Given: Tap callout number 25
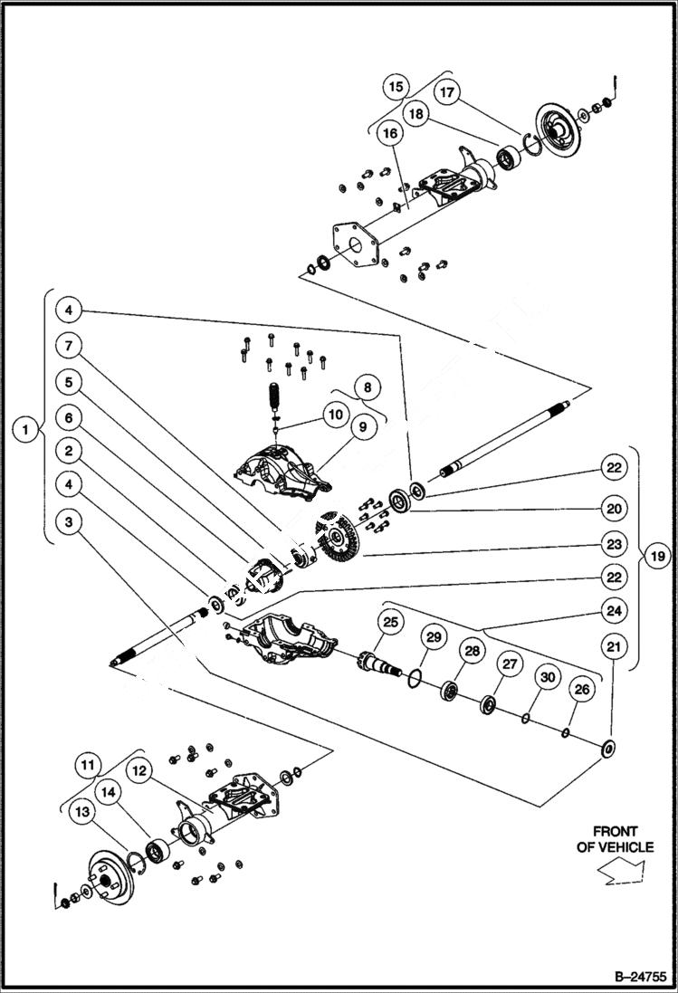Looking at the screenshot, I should pos(390,622).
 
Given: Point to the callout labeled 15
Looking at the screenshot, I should pos(396,88).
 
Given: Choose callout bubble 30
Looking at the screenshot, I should pos(546,677).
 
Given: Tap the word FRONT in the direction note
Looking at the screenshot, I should pos(615,830).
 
